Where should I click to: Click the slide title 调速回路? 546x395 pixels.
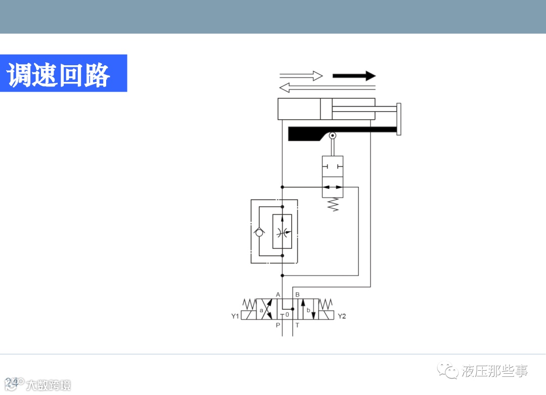coord(59,74)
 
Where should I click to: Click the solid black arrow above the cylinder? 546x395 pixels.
coord(354,76)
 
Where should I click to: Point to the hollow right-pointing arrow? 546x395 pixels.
coord(301,76)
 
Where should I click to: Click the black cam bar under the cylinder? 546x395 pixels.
coord(324,134)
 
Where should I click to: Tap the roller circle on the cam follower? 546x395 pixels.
coord(333,136)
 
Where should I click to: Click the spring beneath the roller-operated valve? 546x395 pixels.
coord(333,204)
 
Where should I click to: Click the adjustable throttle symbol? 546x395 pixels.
coord(282,232)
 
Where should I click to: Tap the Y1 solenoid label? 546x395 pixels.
coord(235,317)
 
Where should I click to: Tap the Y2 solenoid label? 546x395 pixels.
coord(342,317)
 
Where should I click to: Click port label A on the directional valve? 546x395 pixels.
coord(278,294)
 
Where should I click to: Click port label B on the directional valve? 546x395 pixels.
coord(297,294)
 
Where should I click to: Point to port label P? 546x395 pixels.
coord(278,325)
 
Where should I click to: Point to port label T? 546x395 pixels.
coord(297,325)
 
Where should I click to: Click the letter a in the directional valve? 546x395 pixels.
coord(261,311)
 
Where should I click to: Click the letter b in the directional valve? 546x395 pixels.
coord(308,310)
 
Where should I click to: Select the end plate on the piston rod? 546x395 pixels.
coord(399,119)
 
